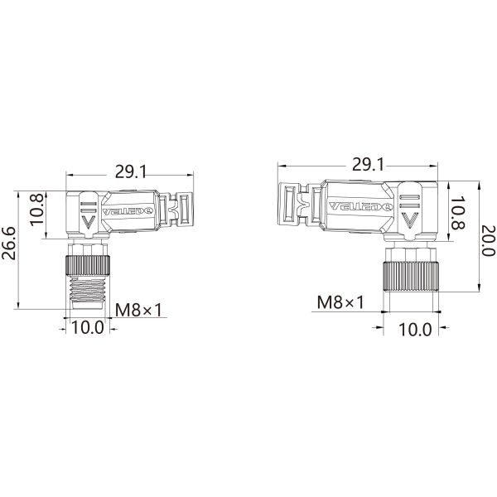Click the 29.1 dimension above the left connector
coord(131,172)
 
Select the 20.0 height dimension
coord(488,240)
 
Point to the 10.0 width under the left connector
coord(87,326)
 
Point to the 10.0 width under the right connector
coord(416,329)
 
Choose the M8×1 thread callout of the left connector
coord(138,310)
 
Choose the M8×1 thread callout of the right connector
coord(341,302)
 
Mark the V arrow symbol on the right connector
coord(408,219)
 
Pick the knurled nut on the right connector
coord(408,273)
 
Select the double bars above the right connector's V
coord(408,198)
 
